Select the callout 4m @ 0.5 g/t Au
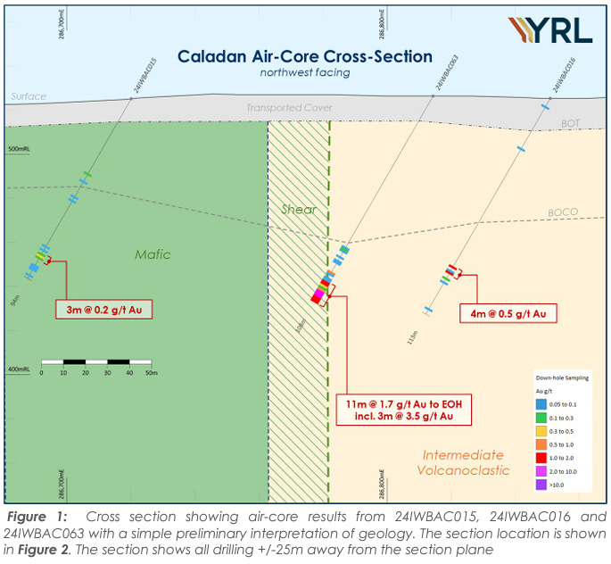pos(508,313)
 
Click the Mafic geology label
pos(153,254)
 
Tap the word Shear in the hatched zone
pos(298,209)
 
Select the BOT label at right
pos(570,121)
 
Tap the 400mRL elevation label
pos(19,369)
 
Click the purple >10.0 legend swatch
pos(541,485)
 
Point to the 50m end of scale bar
pos(151,372)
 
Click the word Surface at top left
pos(21,96)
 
